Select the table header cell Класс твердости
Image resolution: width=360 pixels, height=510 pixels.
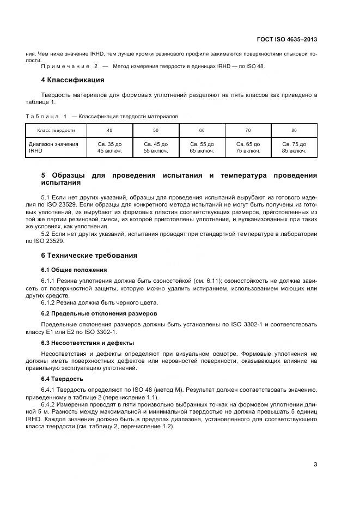point(56,131)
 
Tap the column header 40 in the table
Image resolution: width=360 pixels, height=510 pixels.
point(109,131)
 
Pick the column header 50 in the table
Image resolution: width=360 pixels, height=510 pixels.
point(156,131)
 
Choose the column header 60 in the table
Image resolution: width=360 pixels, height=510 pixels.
point(202,131)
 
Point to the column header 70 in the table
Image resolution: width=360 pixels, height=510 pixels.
point(248,131)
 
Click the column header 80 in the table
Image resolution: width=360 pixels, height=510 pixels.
point(294,131)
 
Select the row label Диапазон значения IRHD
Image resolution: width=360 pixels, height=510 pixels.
point(53,148)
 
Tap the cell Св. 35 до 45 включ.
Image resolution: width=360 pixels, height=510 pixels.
point(109,148)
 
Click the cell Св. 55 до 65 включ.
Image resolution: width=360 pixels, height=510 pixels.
point(202,148)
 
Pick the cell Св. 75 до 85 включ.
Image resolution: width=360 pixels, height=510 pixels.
point(294,148)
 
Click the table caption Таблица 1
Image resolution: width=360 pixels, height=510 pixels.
point(46,116)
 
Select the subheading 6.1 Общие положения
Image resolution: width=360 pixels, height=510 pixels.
point(74,270)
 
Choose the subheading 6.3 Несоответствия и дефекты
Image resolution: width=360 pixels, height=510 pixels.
point(88,343)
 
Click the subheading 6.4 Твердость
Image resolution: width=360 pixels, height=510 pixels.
point(62,379)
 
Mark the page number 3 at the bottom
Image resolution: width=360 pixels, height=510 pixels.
point(315,464)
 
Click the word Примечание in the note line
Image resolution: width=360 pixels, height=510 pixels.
point(66,66)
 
